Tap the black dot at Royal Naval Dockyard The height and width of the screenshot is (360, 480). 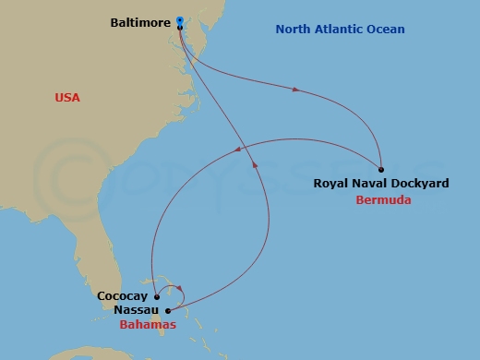click(381, 169)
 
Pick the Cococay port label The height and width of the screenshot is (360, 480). click(124, 297)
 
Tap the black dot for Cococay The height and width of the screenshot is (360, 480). click(157, 297)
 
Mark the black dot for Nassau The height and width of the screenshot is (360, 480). click(168, 311)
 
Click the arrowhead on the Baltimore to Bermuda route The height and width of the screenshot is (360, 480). click(295, 90)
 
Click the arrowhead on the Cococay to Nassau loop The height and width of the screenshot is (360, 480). click(181, 288)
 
